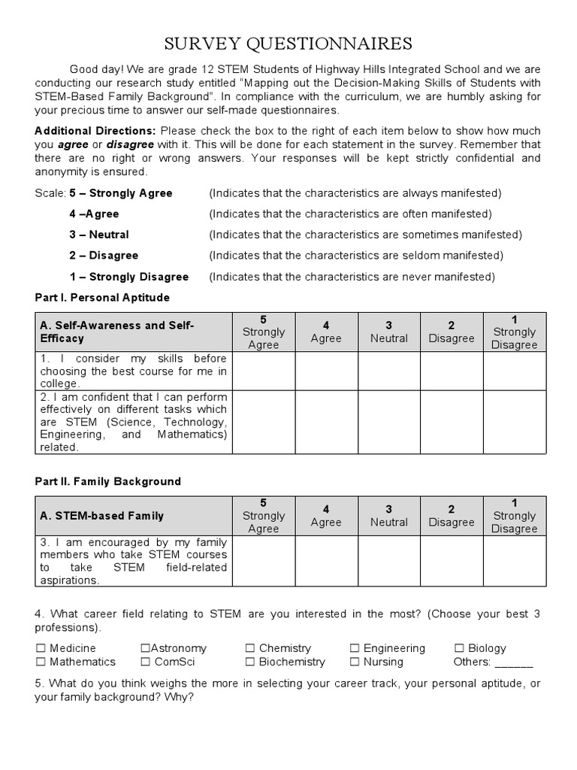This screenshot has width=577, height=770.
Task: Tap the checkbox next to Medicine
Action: (41, 648)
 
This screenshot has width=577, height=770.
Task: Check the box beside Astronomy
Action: (145, 648)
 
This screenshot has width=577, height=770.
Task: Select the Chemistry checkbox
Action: (250, 648)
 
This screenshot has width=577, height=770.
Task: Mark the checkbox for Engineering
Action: (355, 648)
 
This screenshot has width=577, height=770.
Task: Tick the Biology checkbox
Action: (460, 648)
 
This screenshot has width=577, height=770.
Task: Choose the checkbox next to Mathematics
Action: (41, 662)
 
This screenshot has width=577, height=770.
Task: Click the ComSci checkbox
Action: (145, 662)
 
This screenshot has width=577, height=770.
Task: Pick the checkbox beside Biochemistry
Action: (250, 662)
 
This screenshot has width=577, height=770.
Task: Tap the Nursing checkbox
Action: (355, 662)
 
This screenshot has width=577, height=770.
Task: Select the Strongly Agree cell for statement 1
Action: (264, 371)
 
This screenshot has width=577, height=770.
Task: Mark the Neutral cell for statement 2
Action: (388, 422)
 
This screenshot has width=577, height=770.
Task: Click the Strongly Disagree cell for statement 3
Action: (514, 561)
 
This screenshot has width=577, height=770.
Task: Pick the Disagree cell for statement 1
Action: (451, 371)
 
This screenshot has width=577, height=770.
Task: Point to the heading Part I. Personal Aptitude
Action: (102, 298)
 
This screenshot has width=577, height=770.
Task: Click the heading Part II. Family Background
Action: (108, 481)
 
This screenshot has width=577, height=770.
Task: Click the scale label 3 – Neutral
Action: (99, 235)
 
